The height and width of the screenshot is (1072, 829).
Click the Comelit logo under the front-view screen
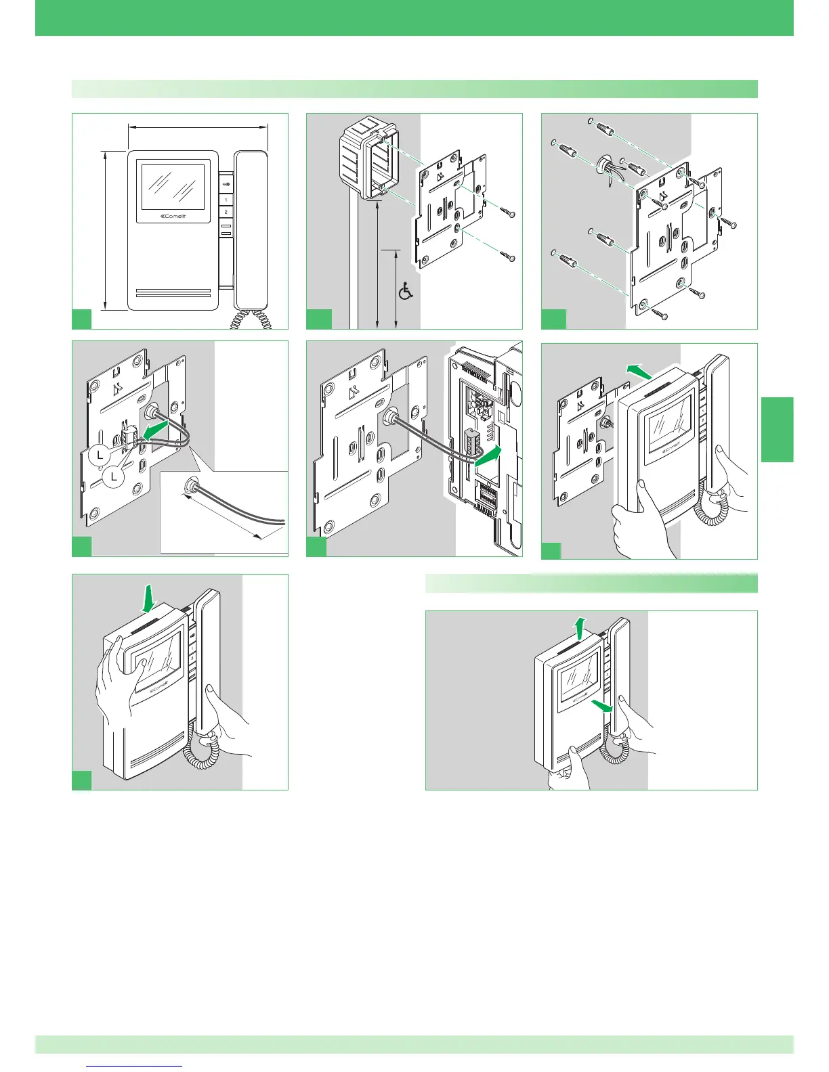click(x=172, y=217)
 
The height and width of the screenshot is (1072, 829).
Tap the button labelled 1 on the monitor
click(x=226, y=200)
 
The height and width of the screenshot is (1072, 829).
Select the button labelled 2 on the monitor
click(x=226, y=212)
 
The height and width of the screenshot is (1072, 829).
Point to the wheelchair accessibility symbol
click(x=406, y=292)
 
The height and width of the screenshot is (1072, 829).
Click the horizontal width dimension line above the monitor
click(x=198, y=125)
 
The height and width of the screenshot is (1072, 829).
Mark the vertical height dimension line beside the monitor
click(x=106, y=230)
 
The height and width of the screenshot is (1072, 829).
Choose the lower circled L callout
click(x=114, y=477)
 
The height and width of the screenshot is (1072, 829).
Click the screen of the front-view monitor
click(x=172, y=188)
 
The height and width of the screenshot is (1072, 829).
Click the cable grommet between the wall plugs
click(x=601, y=165)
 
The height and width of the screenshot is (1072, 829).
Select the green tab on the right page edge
click(x=777, y=430)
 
